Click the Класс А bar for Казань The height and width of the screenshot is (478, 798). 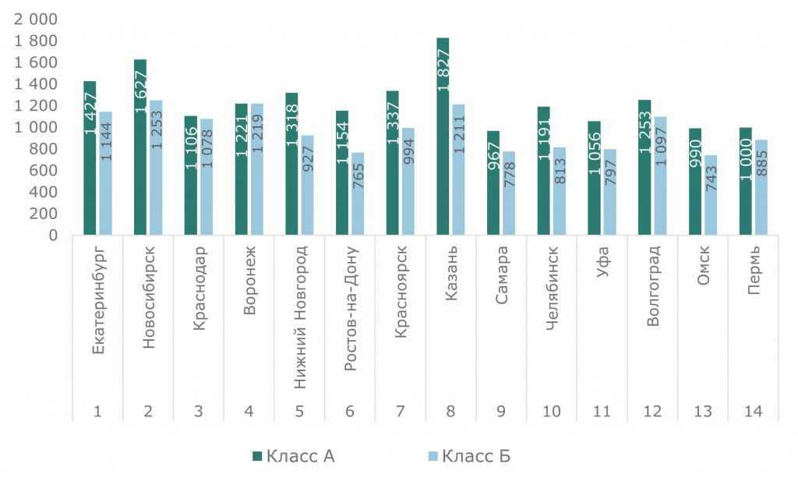click(x=443, y=136)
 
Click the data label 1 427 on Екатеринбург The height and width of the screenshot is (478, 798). click(x=90, y=113)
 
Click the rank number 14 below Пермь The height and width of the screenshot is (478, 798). click(x=754, y=411)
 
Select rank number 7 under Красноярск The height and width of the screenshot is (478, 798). click(x=401, y=411)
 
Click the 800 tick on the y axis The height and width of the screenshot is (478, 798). click(x=45, y=148)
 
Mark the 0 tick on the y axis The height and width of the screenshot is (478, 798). click(x=54, y=235)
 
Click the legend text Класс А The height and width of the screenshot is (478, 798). click(x=300, y=456)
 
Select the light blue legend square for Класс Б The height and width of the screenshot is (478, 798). click(x=433, y=456)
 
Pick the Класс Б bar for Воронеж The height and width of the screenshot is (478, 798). click(x=256, y=168)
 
